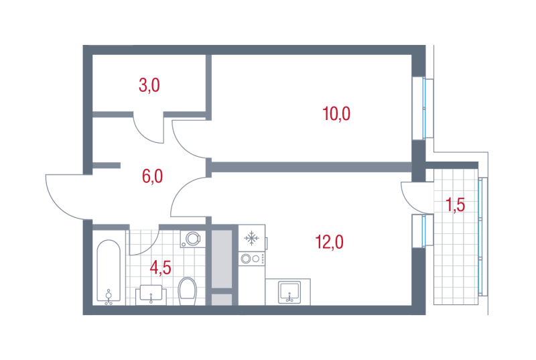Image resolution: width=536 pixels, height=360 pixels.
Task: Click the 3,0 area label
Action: coord(149,85)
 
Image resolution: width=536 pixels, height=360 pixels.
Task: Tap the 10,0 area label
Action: coord(336,113)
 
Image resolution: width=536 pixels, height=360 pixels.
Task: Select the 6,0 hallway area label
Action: coord(153,176)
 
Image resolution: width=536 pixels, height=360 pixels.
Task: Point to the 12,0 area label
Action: coord(329,242)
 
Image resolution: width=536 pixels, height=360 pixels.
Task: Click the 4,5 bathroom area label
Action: coord(160,267)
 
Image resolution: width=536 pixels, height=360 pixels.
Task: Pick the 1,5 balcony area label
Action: coord(456,205)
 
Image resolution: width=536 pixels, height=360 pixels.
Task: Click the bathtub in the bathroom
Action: coord(109,271)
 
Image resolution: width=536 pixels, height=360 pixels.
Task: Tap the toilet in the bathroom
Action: coord(188,291)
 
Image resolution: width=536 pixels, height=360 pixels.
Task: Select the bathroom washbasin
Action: coord(151,295)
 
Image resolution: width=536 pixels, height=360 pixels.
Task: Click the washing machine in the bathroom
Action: coord(193,239)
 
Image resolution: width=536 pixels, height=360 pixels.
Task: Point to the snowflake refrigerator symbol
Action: coord(252,238)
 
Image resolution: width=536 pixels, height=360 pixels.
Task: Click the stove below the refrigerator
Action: coord(252,259)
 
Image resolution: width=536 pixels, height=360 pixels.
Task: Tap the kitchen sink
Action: coord(289,292)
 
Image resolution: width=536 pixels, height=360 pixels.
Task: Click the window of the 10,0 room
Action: coord(423,108)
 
